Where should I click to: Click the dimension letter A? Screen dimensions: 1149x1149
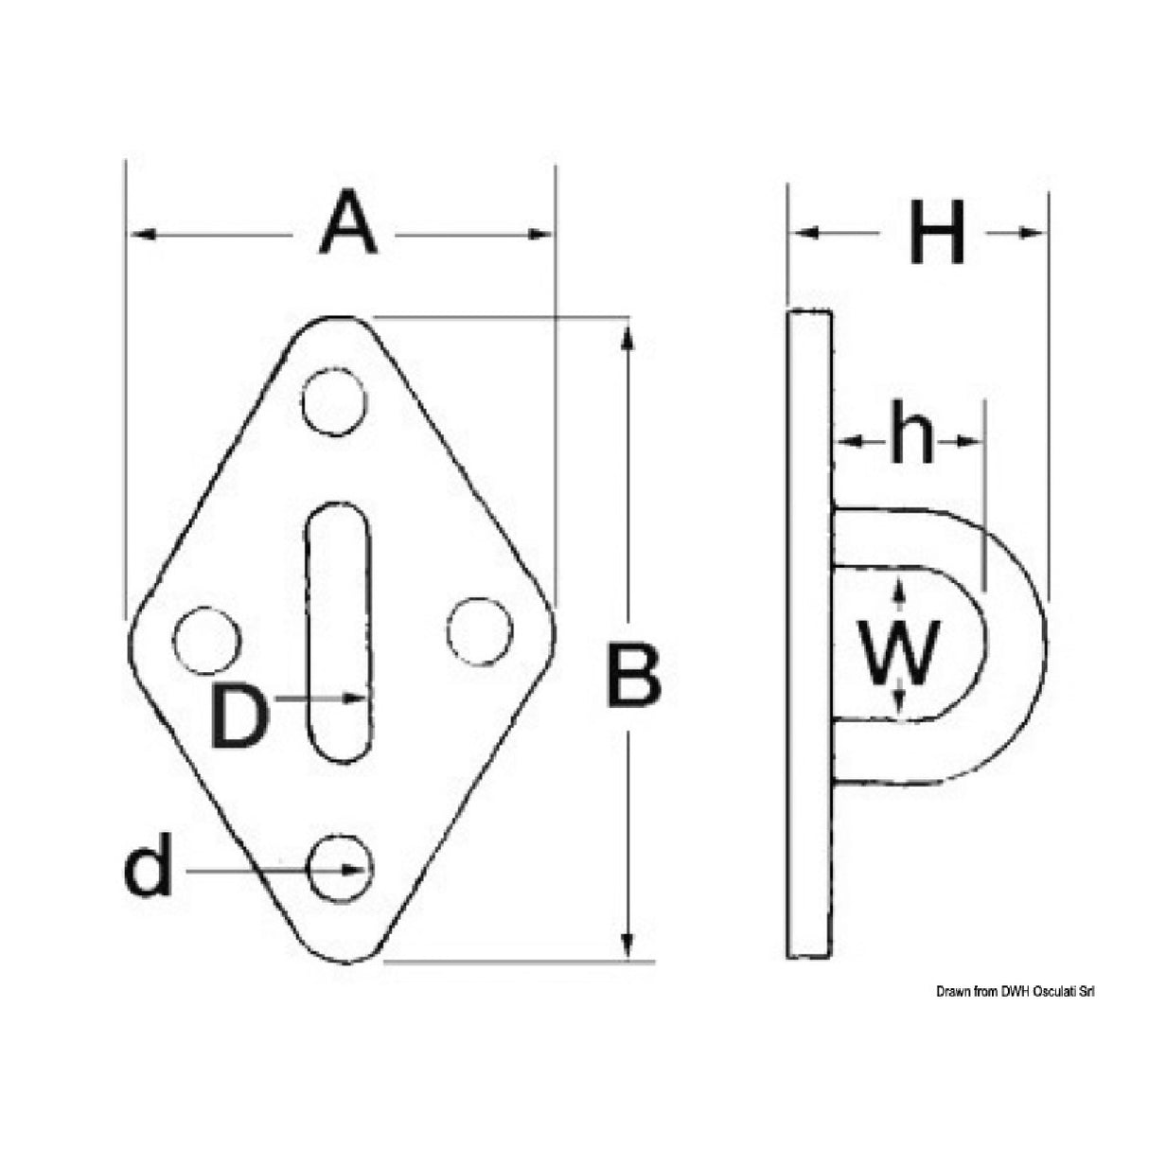click(347, 223)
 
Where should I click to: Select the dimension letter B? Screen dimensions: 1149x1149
click(633, 675)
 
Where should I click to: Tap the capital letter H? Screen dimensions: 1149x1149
click(936, 232)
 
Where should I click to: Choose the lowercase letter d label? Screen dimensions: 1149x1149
click(149, 870)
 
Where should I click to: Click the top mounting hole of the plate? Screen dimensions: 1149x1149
click(333, 402)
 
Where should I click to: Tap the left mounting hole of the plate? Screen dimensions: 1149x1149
click(207, 641)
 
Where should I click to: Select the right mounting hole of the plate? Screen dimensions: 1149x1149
click(479, 631)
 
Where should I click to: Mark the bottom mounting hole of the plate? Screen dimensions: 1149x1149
click(340, 868)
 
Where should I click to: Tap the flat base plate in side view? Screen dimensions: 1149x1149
click(809, 634)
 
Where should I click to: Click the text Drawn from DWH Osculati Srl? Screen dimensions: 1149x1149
click(1016, 991)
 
